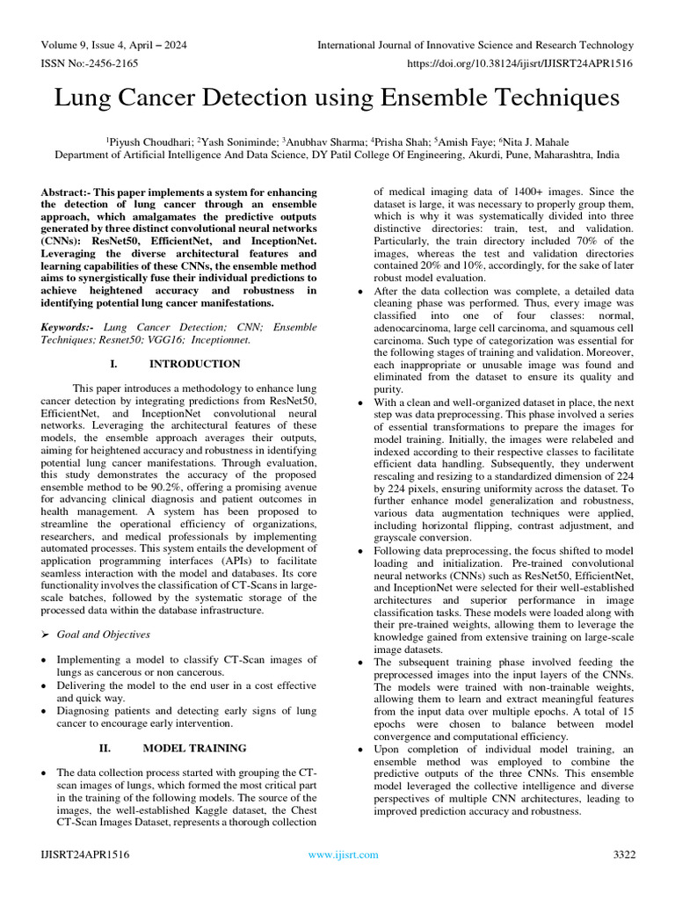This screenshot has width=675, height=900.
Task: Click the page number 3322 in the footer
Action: [x=623, y=854]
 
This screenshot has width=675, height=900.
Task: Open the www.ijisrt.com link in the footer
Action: [x=343, y=854]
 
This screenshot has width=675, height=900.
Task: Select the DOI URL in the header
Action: [x=521, y=64]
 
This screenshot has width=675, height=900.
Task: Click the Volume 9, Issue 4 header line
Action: [x=113, y=45]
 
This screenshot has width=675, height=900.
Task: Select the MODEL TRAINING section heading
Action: [x=194, y=748]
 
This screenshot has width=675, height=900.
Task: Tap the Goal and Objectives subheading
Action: [x=103, y=634]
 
